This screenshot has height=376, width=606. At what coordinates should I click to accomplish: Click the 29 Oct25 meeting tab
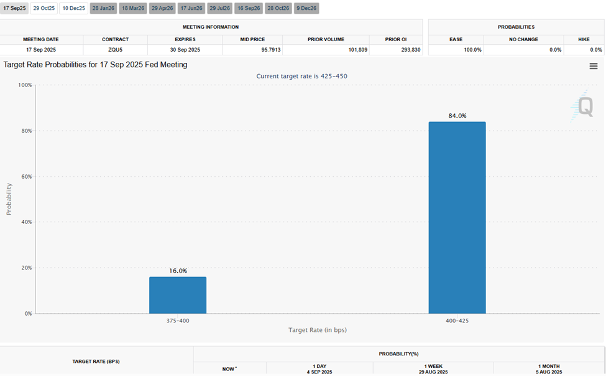tap(44, 8)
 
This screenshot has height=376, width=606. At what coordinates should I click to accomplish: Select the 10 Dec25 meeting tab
tap(74, 8)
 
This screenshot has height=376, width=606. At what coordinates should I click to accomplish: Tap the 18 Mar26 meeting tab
tap(132, 8)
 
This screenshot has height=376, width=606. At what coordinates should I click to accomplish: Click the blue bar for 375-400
tap(178, 295)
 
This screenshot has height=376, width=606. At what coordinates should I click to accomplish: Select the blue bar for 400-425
tap(457, 217)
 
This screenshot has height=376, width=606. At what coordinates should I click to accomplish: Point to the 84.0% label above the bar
tap(457, 116)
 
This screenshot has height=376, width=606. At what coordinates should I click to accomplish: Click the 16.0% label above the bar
tap(178, 271)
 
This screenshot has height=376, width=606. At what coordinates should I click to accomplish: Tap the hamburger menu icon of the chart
tap(594, 66)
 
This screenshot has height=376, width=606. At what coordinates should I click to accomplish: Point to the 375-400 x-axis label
tap(178, 321)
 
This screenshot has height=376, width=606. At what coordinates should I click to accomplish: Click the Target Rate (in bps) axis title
tap(317, 330)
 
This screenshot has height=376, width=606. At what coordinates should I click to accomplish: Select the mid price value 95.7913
tap(252, 50)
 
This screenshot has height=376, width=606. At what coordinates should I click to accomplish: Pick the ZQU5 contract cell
tap(115, 50)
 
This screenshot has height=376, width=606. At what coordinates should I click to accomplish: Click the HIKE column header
tap(584, 39)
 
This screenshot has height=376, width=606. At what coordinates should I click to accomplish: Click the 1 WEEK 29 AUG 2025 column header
tap(433, 369)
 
